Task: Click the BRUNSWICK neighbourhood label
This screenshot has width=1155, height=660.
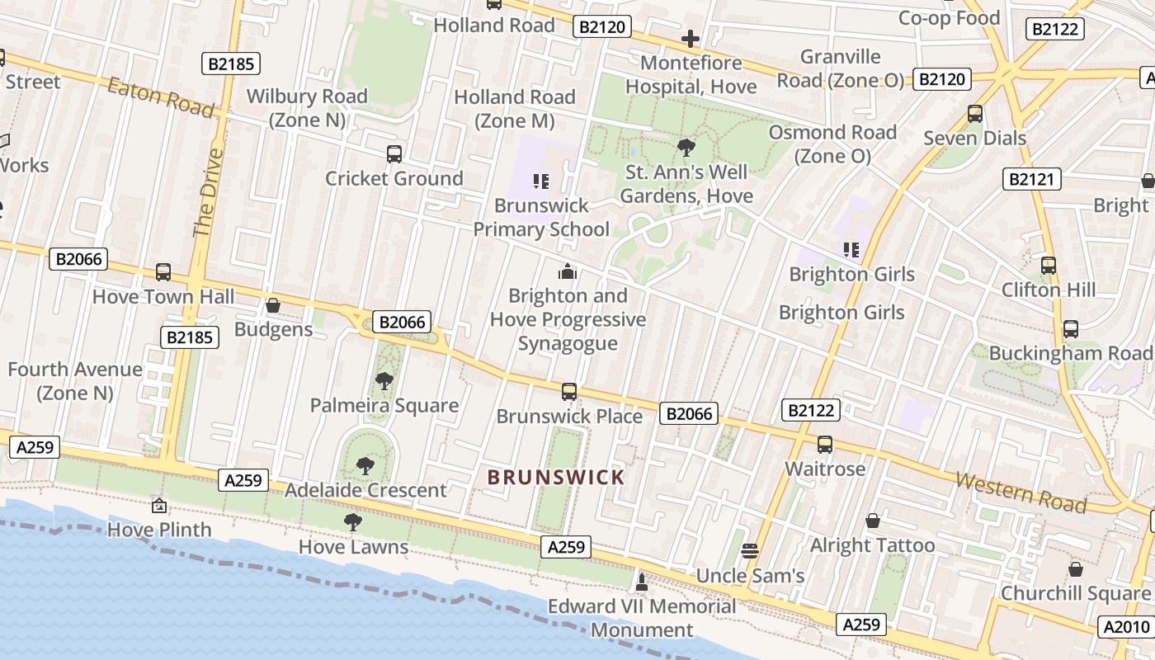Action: [555, 477]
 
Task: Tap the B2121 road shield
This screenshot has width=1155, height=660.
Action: [1031, 179]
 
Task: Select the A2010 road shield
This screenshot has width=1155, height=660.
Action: [1126, 627]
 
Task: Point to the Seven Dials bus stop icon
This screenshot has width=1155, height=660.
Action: [975, 114]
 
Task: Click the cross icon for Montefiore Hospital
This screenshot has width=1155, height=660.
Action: [691, 38]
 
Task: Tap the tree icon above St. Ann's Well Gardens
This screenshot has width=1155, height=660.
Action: [686, 148]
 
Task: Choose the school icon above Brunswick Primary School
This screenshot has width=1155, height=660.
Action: [541, 181]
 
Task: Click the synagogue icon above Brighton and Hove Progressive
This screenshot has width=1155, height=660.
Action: [568, 271]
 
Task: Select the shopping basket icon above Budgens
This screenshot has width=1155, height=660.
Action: [273, 305]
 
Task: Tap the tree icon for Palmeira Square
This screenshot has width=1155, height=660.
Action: [384, 380]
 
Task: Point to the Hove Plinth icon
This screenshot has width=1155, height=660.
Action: [159, 505]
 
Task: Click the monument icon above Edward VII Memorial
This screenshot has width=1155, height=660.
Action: [642, 582]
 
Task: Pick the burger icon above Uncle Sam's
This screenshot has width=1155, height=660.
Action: [750, 550]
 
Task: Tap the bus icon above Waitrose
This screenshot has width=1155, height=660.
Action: [824, 445]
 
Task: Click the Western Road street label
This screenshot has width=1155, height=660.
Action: [1021, 492]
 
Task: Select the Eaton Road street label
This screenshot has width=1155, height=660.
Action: [161, 97]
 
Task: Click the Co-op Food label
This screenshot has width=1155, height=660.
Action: [949, 18]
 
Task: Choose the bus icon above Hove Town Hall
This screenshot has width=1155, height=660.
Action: [163, 272]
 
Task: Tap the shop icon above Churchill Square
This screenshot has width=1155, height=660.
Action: [1075, 569]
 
